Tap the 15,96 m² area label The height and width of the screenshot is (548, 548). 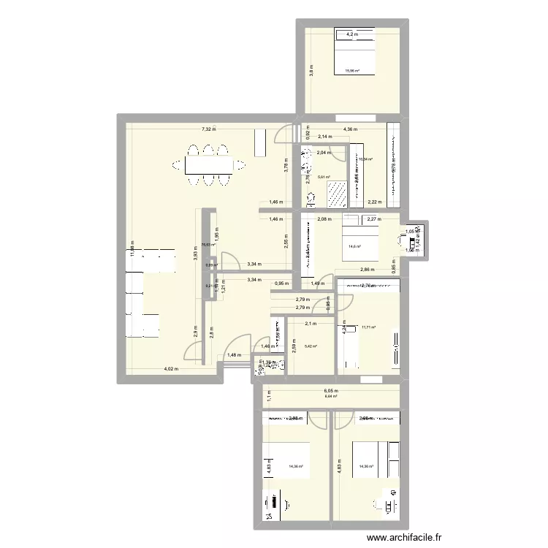pyautogui.click(x=352, y=71)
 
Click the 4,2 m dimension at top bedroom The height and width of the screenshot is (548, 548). pyautogui.click(x=352, y=34)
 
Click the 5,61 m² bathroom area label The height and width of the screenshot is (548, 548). pyautogui.click(x=323, y=177)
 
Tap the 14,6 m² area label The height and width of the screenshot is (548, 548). pyautogui.click(x=355, y=246)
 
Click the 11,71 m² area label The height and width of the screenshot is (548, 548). pyautogui.click(x=368, y=327)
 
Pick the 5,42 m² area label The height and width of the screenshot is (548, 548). pyautogui.click(x=311, y=347)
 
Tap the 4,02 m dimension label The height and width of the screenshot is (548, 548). pyautogui.click(x=170, y=369)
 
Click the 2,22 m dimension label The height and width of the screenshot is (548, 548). pyautogui.click(x=374, y=202)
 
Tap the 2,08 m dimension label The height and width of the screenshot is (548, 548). pyautogui.click(x=324, y=218)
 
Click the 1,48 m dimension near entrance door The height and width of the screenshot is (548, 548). pyautogui.click(x=233, y=355)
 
